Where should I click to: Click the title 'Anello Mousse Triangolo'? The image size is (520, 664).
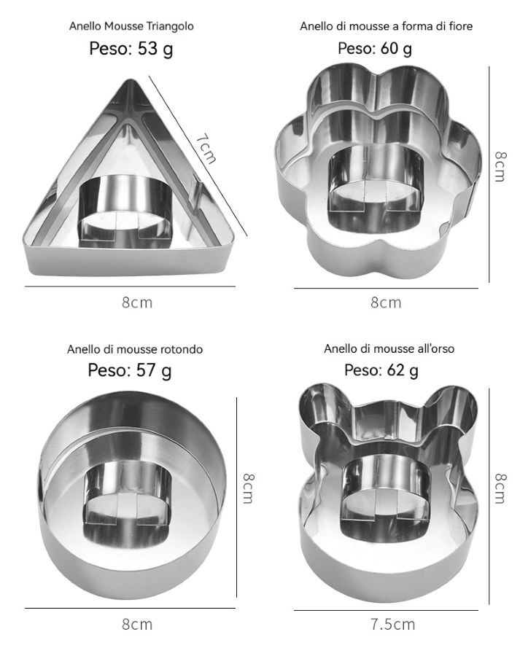(x=131, y=26)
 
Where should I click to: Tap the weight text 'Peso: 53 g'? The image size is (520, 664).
(x=131, y=49)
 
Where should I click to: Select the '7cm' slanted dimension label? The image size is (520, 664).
(x=206, y=148)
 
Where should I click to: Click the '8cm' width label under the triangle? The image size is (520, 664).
(x=137, y=302)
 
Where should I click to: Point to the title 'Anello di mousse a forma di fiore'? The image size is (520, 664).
(x=386, y=26)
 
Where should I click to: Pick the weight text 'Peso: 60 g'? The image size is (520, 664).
(x=375, y=48)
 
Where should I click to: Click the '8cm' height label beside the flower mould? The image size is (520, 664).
(x=500, y=166)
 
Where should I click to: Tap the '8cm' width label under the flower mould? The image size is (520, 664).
(x=386, y=302)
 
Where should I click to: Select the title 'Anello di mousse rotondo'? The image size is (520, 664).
(x=135, y=349)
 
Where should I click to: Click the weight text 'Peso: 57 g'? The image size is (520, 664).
(x=130, y=370)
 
